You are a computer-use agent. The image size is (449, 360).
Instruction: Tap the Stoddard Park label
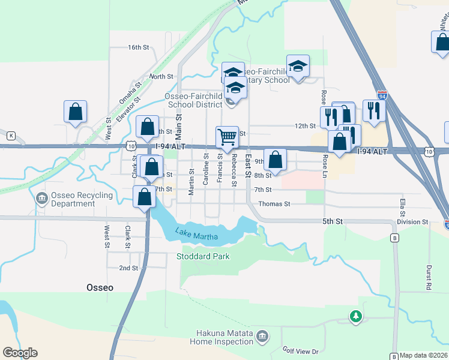coord(203,256)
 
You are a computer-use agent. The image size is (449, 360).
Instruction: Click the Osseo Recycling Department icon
coord(41,197)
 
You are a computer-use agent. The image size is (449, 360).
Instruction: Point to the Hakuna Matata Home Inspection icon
coord(262,337)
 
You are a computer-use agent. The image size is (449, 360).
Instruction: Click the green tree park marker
coord(356,316)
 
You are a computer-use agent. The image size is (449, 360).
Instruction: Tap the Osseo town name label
coord(99,287)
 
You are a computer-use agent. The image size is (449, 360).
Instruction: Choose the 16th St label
coord(138,47)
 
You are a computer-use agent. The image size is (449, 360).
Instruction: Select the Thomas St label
coord(274,204)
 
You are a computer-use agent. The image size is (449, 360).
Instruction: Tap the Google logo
coord(20,353)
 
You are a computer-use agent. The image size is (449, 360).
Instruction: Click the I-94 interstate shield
coord(382,95)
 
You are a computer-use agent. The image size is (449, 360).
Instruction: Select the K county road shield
coord(10,136)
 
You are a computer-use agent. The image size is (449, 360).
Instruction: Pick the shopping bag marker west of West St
coord(75,112)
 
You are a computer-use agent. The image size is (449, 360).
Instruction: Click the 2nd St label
coord(128,268)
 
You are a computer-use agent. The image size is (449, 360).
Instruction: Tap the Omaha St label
coord(129,94)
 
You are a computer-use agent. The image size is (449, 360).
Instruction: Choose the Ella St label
coord(402,206)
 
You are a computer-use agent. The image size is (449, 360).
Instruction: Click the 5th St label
coord(332,221)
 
